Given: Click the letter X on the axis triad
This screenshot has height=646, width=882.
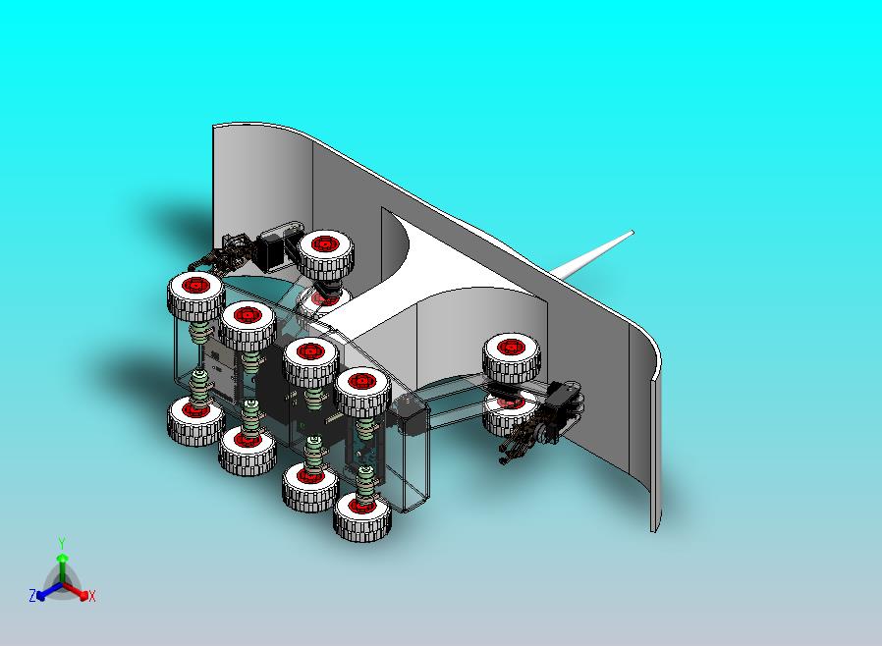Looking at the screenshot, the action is point(92,596).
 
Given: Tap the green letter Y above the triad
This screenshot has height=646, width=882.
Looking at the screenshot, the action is point(62,544).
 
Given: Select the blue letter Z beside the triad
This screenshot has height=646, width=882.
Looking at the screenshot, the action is point(32,595).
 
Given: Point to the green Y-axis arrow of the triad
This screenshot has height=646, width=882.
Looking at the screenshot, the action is point(63,567).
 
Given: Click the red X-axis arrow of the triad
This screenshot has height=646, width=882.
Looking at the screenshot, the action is point(76,591).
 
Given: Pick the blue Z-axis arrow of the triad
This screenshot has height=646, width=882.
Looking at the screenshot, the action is point(49,591).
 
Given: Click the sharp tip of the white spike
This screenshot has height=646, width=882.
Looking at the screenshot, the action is point(633,232).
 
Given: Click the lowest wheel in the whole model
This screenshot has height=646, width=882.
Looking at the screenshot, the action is point(362,515).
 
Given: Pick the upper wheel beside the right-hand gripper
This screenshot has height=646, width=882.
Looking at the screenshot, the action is point(512,357).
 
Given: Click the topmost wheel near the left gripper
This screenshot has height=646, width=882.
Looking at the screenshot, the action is point(326,256).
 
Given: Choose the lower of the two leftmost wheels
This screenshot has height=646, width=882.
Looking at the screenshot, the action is point(195,421).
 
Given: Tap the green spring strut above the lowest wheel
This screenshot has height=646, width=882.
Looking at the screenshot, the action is point(365,481).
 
